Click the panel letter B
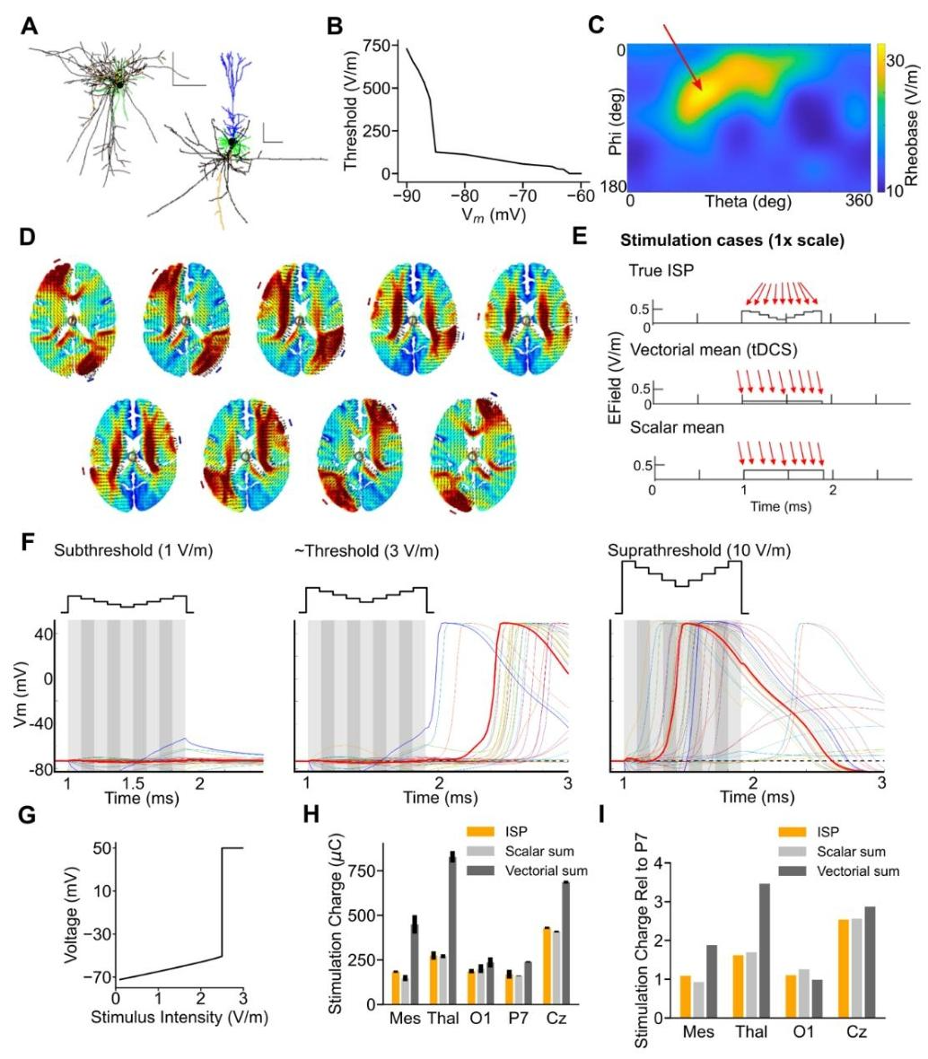[334, 28]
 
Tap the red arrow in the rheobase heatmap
[682, 58]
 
